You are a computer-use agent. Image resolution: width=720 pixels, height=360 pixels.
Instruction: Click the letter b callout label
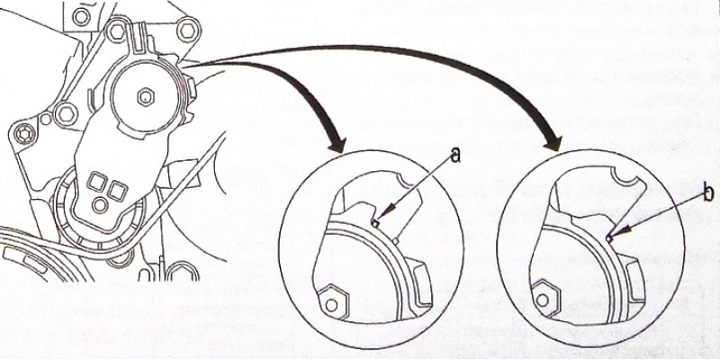click(708, 193)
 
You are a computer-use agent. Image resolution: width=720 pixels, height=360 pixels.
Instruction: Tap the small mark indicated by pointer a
click(374, 223)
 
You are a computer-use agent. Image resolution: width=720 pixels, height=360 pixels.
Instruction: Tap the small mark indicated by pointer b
click(608, 238)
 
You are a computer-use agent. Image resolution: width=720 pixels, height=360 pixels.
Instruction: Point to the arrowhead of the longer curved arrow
click(553, 139)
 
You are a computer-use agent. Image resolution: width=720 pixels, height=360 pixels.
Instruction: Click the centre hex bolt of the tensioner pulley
click(146, 97)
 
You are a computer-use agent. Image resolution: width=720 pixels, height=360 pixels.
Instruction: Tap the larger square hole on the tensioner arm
click(97, 183)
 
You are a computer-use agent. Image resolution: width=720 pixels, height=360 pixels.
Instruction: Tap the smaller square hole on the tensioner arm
click(117, 190)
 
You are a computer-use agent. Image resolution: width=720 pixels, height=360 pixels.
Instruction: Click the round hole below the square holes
click(100, 204)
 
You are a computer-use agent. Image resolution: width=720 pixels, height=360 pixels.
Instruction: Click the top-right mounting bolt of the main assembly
click(188, 30)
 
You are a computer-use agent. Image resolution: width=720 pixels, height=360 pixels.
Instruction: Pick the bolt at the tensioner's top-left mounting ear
click(117, 31)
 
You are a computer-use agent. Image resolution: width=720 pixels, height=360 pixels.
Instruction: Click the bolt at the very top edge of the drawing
click(81, 17)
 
